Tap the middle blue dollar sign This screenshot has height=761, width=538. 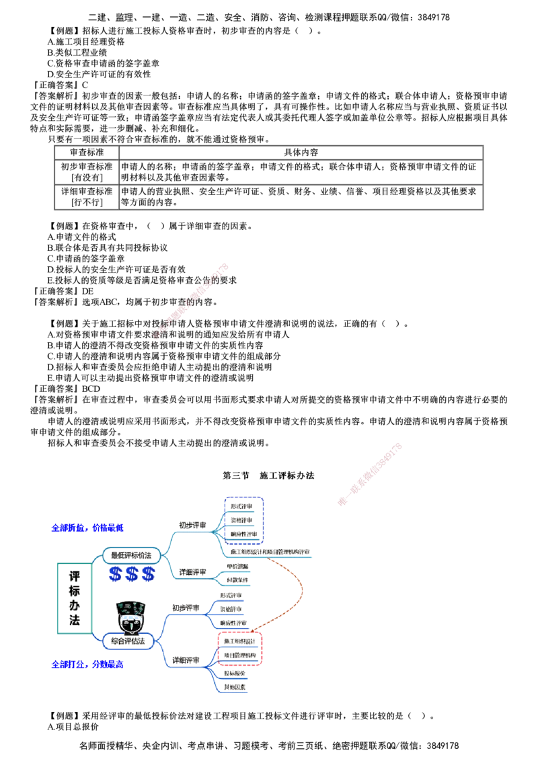coord(132,574)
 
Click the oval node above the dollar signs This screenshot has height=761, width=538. coord(131,555)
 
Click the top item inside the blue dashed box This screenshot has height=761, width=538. coord(241,506)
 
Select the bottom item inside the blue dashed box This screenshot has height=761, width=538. coord(241,534)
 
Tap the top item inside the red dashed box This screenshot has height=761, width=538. coord(240,640)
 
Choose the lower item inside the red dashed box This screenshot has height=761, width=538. coord(240,655)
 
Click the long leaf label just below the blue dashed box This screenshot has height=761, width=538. coord(269,552)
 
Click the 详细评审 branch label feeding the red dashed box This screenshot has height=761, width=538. coord(186,661)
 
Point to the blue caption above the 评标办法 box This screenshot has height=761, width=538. coord(87,526)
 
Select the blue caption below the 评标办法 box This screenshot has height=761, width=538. coord(87,665)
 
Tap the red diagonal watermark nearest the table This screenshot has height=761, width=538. coord(192,301)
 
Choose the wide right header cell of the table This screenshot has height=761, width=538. coord(301,152)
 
